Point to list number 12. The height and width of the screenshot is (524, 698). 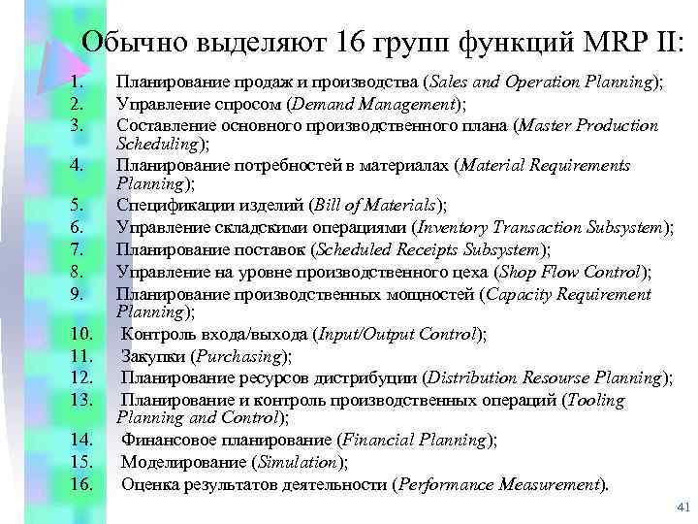(x=82, y=377)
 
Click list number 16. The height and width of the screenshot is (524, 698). (x=82, y=484)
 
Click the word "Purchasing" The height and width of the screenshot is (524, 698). (x=239, y=356)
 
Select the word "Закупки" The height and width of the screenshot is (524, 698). (x=153, y=356)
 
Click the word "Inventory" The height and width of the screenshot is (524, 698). (x=453, y=227)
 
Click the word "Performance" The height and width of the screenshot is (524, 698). (x=447, y=483)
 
